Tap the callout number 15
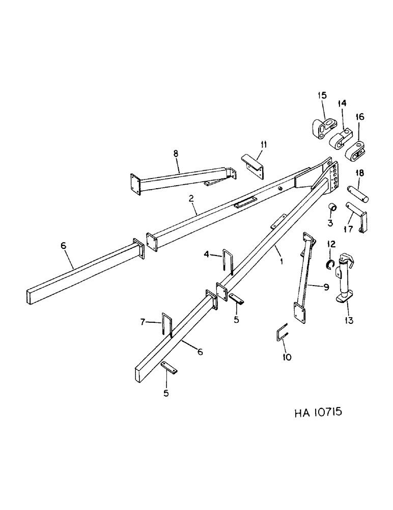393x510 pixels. (322, 95)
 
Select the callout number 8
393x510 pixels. (176, 152)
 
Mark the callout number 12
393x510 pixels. (331, 245)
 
